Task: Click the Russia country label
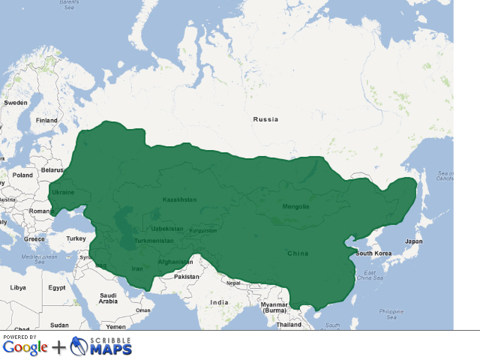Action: point(265,119)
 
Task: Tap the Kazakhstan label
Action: point(179,199)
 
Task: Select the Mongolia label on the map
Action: point(295,206)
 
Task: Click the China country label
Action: point(298,253)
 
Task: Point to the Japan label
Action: point(413,241)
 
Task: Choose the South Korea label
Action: point(373,253)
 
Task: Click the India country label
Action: point(219,302)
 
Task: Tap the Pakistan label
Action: point(186,277)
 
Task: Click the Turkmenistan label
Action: point(154,241)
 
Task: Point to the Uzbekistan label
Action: point(166,229)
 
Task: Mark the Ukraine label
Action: point(63,192)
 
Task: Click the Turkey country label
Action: point(76,238)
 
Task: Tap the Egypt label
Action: point(57,287)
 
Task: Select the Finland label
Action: point(46,120)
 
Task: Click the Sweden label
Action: point(15,102)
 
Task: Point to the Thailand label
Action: point(288,325)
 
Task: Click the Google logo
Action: point(25,347)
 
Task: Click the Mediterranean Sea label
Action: point(40,259)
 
